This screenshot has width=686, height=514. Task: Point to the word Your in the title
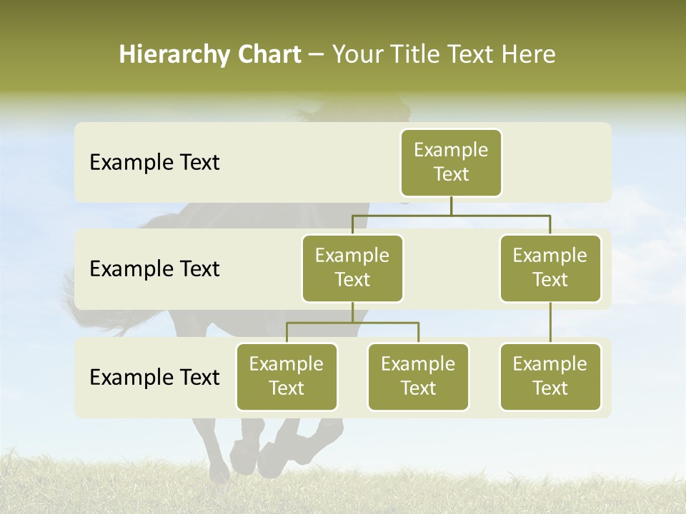click(357, 55)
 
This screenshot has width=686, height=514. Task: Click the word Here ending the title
click(529, 55)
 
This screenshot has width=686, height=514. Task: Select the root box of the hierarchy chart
click(451, 162)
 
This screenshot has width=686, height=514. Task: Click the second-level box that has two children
click(352, 268)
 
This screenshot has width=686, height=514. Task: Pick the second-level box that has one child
click(550, 268)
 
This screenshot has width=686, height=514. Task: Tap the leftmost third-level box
click(287, 376)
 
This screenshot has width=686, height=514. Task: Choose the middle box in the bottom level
click(418, 376)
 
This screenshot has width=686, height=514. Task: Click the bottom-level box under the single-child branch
click(550, 376)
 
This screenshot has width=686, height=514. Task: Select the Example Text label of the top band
click(154, 163)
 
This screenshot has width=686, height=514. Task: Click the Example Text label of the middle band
click(154, 269)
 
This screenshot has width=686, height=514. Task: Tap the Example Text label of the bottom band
click(154, 377)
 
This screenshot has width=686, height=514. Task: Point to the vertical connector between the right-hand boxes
click(550, 323)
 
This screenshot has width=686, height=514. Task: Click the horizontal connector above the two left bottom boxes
click(352, 323)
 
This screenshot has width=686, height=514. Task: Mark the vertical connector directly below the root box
click(451, 206)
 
